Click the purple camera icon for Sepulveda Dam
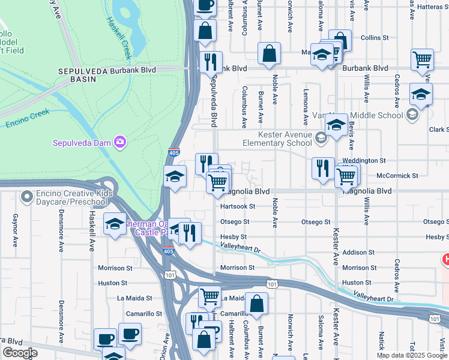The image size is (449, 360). tap(121, 142)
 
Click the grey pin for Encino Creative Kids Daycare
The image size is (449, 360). tap(26, 196)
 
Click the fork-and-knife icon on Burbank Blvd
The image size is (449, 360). tap(211, 62)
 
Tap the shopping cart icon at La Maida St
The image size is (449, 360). tap(209, 296)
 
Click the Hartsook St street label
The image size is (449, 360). tap(238, 206)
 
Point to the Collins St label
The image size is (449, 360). tap(375, 38)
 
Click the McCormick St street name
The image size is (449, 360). tap(397, 176)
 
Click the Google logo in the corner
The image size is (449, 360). tap(20, 353)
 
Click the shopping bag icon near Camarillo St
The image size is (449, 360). tap(257, 304)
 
